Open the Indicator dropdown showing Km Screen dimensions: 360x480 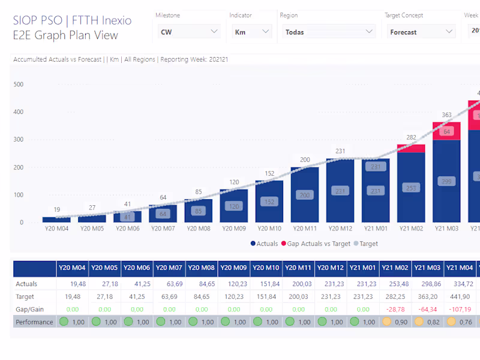pyautogui.click(x=251, y=32)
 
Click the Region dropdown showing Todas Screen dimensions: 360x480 pyautogui.click(x=329, y=32)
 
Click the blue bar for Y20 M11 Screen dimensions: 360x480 pyautogui.click(x=305, y=194)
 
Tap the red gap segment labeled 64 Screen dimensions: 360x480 pyautogui.click(x=446, y=131)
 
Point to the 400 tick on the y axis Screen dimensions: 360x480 pyautogui.click(x=18, y=112)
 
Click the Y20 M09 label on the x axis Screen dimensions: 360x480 pyautogui.click(x=233, y=229)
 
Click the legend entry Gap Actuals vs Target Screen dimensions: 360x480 pyautogui.click(x=318, y=244)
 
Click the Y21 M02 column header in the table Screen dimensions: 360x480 pyautogui.click(x=395, y=269)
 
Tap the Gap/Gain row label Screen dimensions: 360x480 pyautogui.click(x=28, y=309)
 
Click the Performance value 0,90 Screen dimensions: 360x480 pyautogui.click(x=401, y=322)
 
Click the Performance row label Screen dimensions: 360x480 pyautogui.click(x=34, y=322)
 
